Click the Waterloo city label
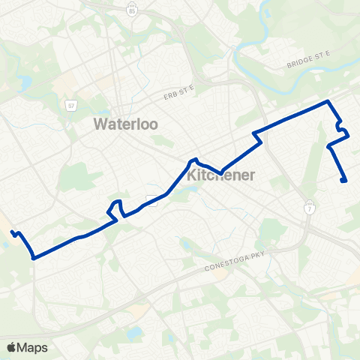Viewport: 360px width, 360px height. click(125, 124)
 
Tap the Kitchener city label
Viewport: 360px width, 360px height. click(221, 175)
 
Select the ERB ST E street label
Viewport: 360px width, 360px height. click(178, 93)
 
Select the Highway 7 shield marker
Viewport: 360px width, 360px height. click(309, 206)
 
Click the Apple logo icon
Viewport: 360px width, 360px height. click(12, 346)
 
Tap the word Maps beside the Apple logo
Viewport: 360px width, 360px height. click(33, 347)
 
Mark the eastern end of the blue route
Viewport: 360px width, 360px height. click(343, 180)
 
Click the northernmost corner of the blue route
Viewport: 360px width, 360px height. click(328, 100)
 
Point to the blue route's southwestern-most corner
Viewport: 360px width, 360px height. click(34, 257)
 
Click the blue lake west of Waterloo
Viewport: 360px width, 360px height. click(25, 80)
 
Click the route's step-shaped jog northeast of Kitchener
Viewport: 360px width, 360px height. click(256, 136)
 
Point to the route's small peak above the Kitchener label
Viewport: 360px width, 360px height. click(194, 159)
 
